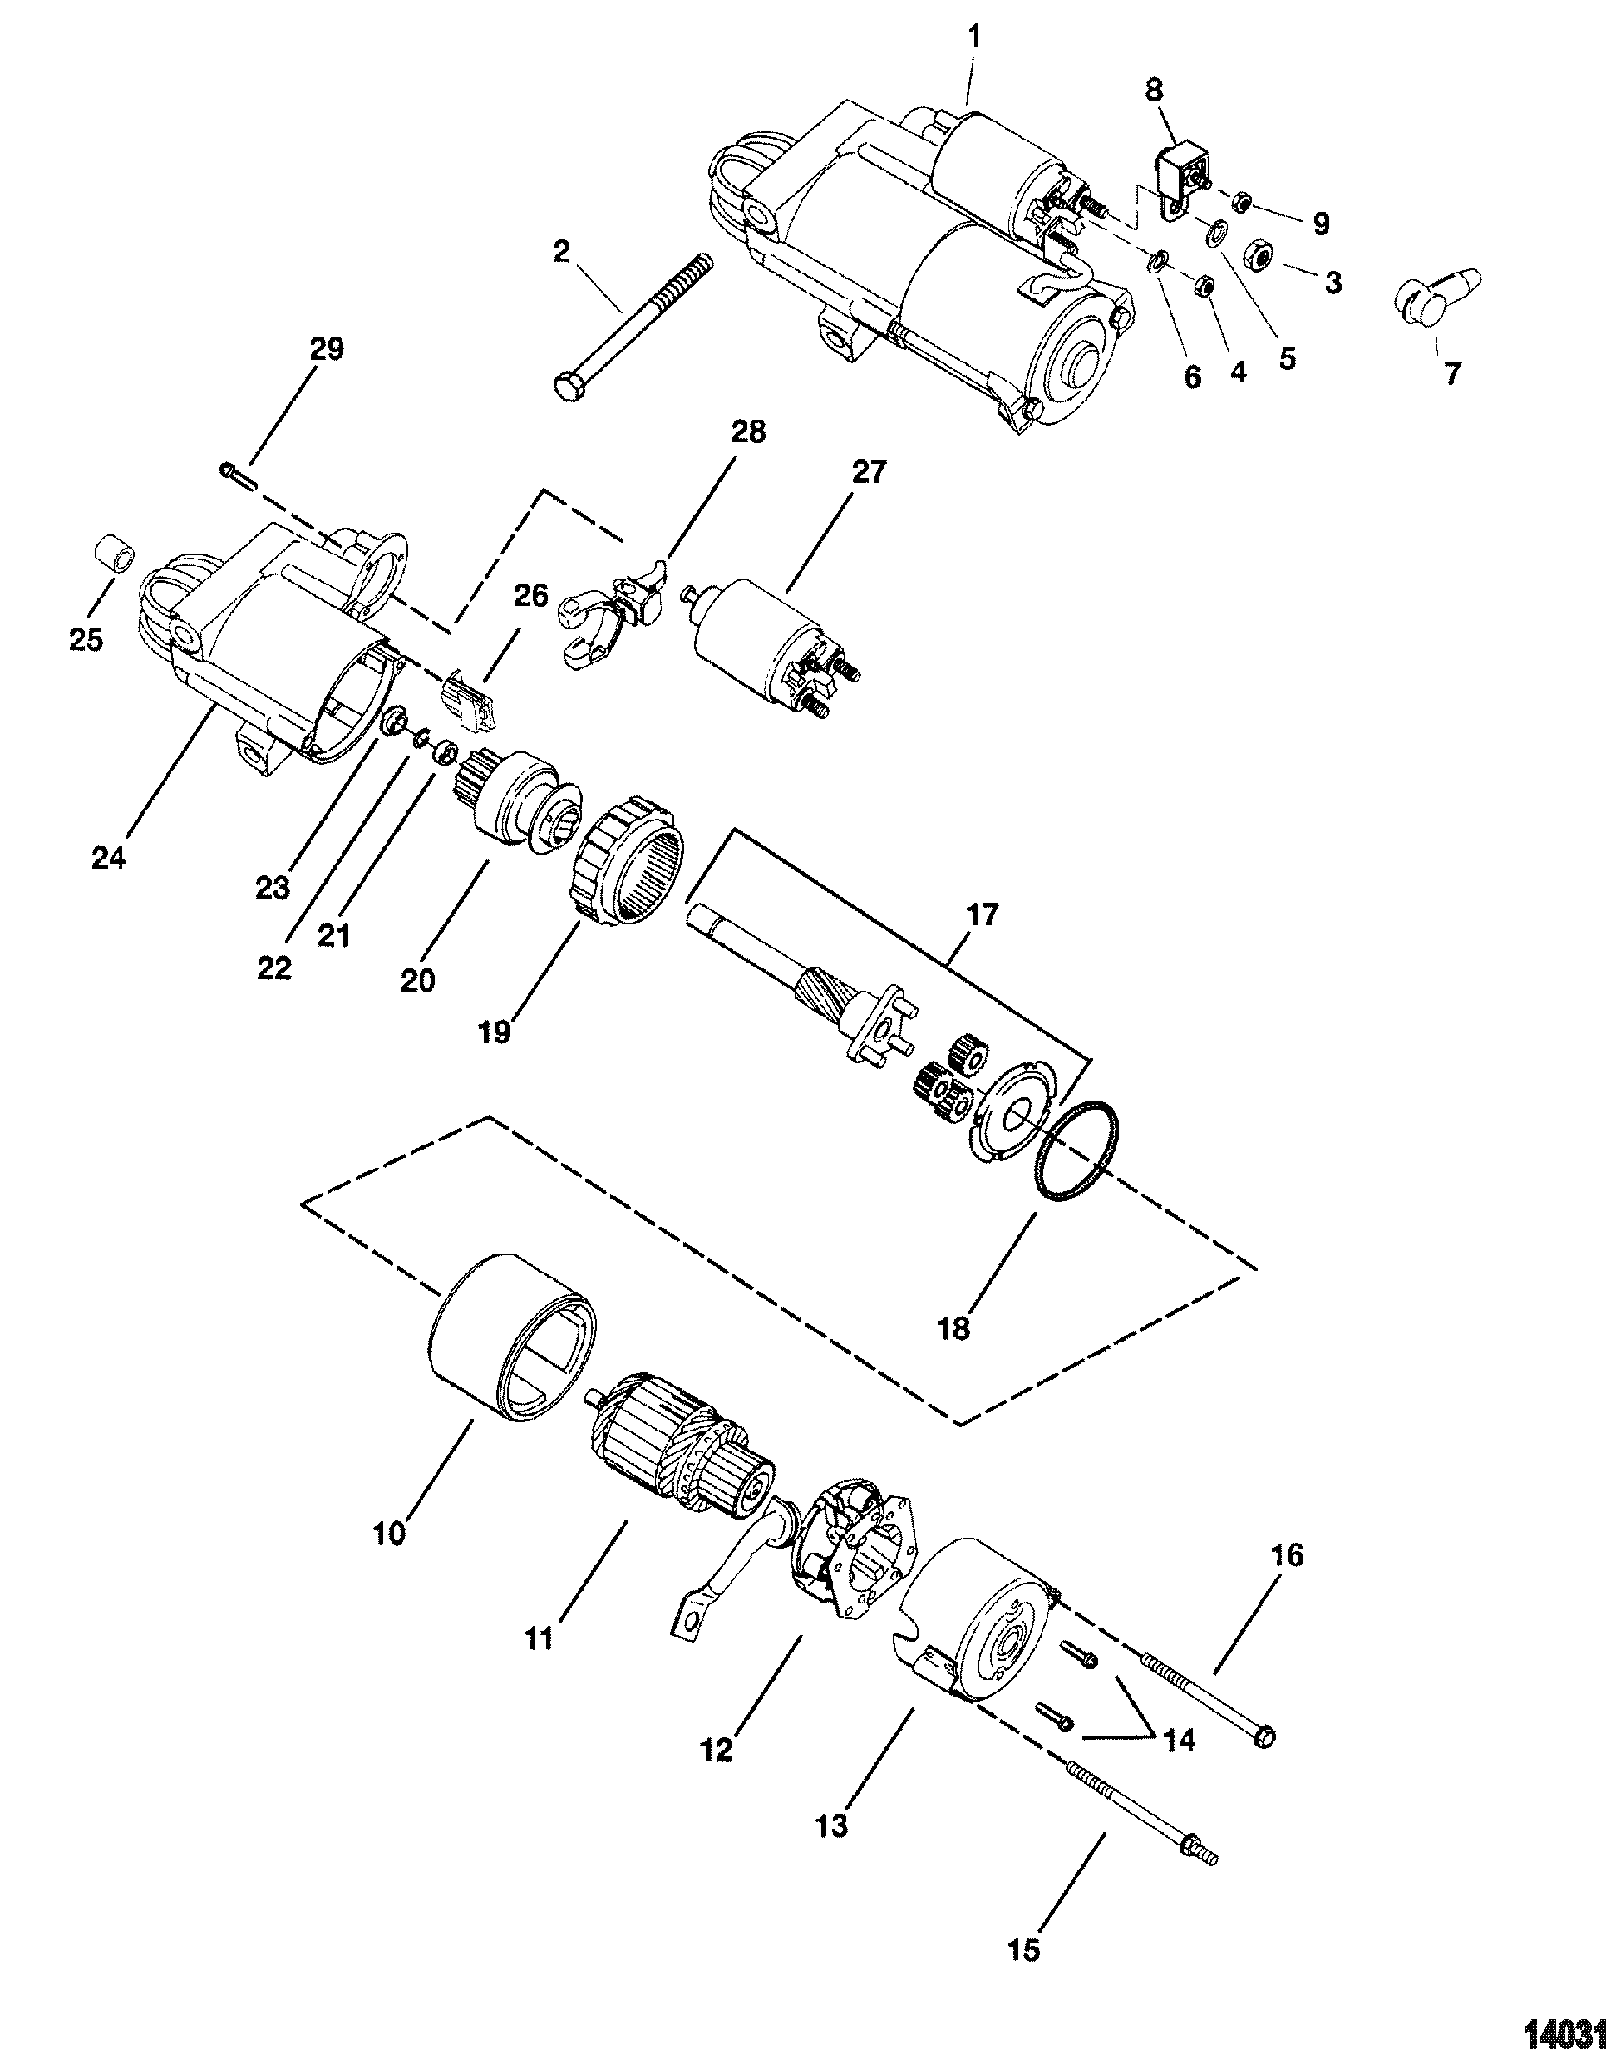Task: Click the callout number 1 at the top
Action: click(974, 37)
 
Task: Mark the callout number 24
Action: click(109, 859)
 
